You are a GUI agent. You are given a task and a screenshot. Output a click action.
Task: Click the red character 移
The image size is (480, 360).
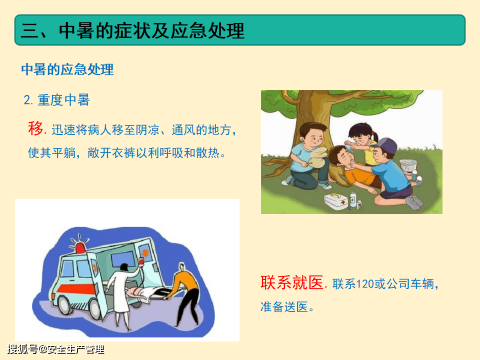point(35,128)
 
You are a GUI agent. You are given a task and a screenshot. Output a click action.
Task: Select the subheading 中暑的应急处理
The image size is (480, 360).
point(67,69)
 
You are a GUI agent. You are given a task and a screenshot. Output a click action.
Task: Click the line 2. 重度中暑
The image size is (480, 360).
point(56,100)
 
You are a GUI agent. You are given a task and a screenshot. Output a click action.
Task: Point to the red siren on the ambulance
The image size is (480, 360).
point(80,247)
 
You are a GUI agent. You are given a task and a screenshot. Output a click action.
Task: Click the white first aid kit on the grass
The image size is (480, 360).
point(336,201)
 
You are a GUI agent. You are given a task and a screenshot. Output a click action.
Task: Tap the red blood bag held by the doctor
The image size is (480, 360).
point(141,261)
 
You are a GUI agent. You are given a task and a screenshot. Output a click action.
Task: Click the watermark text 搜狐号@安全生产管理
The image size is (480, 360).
point(55,349)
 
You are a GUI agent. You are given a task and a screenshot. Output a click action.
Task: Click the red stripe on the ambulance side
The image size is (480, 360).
point(77,288)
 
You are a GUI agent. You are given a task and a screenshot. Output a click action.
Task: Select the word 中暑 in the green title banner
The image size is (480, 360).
point(77,30)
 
